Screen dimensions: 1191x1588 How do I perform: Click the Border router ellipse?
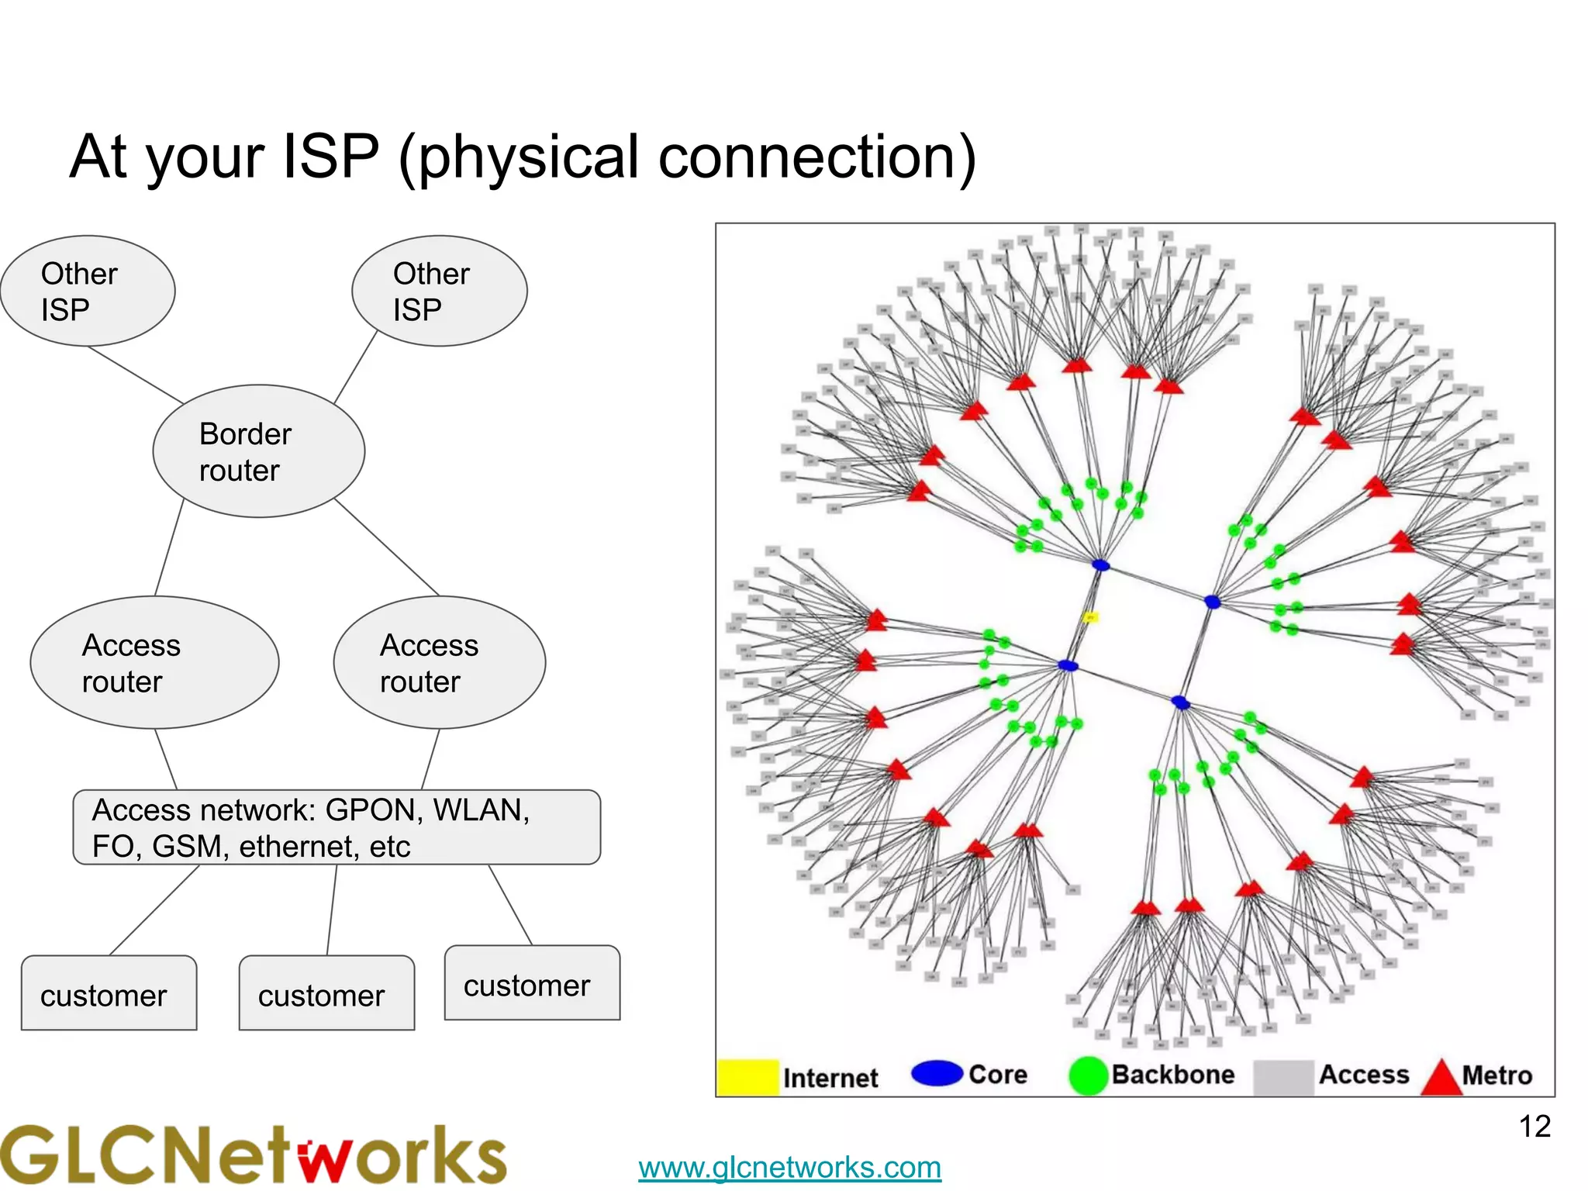(258, 451)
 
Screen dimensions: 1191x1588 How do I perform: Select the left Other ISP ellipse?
(88, 291)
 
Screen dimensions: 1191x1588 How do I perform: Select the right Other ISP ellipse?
(440, 291)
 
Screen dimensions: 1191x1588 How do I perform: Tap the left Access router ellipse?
(154, 662)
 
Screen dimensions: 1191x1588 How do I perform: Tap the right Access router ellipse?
(440, 662)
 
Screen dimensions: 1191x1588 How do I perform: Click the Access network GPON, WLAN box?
(337, 827)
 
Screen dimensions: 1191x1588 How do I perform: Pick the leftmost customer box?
(109, 993)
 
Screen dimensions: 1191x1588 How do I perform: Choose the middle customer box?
(326, 993)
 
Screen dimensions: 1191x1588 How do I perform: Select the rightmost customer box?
(532, 983)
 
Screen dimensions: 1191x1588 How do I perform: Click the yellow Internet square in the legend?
(747, 1077)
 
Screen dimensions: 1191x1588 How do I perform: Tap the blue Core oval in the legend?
(937, 1073)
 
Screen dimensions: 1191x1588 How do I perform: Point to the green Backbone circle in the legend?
(1088, 1075)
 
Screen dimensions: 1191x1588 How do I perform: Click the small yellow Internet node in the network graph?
(1090, 618)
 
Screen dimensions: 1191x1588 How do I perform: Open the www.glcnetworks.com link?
(789, 1167)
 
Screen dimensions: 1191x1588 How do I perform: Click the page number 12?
(1534, 1127)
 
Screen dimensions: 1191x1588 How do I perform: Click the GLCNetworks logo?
(253, 1155)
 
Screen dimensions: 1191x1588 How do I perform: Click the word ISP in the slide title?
(331, 157)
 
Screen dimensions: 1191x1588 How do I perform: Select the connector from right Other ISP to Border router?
(356, 366)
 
